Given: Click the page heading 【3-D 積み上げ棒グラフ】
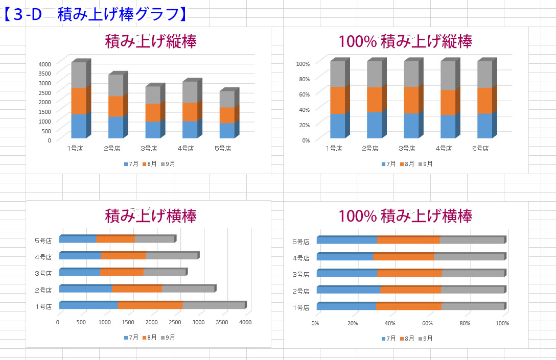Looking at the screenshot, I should point(95,13).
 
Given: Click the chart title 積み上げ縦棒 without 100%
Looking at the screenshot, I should point(150,41).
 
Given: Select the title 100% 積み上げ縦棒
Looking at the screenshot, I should point(405,41).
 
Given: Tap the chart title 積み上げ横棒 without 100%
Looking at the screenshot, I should point(150,215).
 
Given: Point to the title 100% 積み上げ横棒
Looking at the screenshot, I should point(405,215).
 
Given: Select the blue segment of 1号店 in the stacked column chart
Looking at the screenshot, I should point(79,126).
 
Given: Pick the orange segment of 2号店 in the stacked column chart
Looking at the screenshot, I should point(115,106).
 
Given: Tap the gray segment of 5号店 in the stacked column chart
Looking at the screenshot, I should point(227,99).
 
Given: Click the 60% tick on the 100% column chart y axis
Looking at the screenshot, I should point(304,94).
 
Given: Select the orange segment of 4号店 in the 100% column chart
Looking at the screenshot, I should point(448,102).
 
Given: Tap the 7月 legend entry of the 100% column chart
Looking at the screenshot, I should point(388,164).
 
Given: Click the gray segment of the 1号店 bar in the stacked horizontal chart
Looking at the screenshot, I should point(214,306).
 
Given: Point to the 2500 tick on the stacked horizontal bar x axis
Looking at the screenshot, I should point(175,322).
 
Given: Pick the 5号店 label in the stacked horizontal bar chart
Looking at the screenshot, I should point(43,241).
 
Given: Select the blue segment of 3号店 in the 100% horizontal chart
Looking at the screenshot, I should point(346,273).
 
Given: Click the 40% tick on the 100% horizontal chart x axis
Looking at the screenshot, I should point(390,323).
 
